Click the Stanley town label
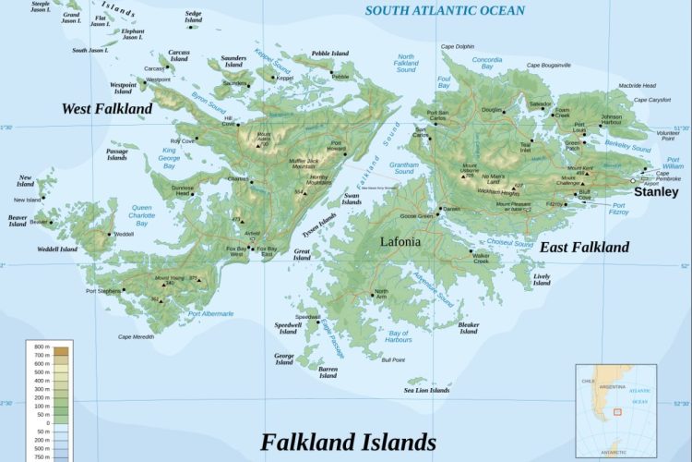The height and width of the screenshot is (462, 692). pos(656,192)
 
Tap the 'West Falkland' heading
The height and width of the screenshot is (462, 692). pos(107,109)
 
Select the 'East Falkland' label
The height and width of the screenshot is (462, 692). pos(584,247)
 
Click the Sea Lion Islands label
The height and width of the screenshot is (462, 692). pos(426,391)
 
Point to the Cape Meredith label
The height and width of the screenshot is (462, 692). pos(136,337)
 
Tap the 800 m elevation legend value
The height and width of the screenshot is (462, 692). pos(41,347)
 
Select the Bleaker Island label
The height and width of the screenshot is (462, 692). pos(469,328)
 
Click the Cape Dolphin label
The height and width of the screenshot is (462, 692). pos(457,46)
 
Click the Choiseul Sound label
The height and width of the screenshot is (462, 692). pos(510,244)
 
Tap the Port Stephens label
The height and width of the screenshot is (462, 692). pos(103,291)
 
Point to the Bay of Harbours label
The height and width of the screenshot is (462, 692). pos(400,336)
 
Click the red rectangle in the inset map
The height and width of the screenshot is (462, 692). pos(616,413)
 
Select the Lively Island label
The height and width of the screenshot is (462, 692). pos(542,280)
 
